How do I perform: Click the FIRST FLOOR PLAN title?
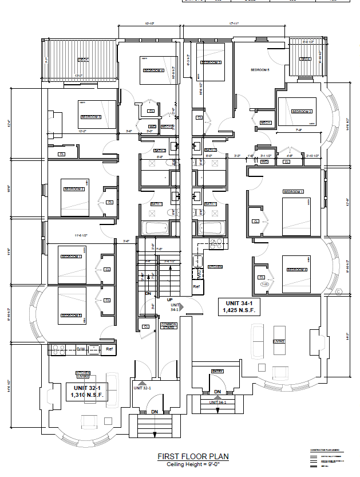click(193, 456)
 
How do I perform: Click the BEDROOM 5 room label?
click(260, 70)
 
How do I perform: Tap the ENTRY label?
click(217, 372)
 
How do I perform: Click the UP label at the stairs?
click(169, 299)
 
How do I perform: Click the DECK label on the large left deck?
click(84, 60)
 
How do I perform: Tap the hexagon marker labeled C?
click(339, 292)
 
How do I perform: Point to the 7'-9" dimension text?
click(299, 130)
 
